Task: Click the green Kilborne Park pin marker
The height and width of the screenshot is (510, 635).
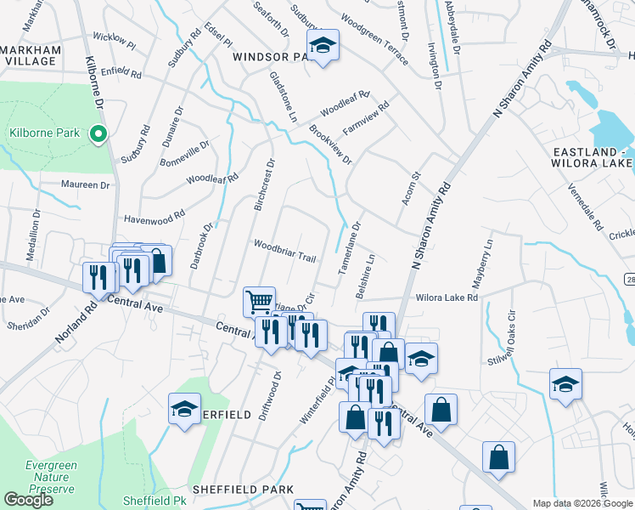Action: (x=98, y=133)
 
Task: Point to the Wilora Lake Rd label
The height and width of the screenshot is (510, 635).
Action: (x=447, y=297)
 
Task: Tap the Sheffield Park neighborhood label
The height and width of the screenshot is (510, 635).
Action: (x=243, y=490)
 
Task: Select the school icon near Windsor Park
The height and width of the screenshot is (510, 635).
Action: (x=323, y=46)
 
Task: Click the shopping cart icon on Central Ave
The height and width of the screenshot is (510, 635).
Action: (x=259, y=301)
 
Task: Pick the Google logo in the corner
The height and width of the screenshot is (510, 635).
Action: (x=28, y=500)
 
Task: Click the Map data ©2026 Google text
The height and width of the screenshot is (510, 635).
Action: (x=582, y=503)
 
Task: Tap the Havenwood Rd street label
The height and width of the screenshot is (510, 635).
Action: (x=155, y=219)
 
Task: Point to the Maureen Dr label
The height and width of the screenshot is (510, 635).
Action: (x=86, y=184)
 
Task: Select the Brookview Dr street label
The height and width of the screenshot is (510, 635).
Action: (x=330, y=145)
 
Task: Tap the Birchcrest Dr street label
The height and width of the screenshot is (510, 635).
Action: (x=265, y=184)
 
